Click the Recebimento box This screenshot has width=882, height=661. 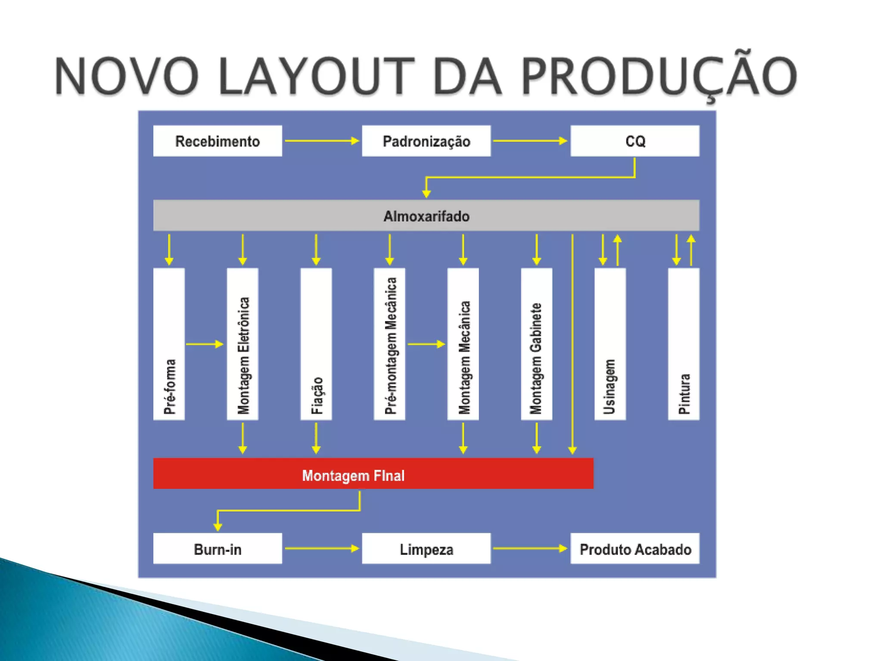(x=217, y=141)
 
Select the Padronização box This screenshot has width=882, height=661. (x=426, y=141)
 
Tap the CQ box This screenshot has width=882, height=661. (x=634, y=141)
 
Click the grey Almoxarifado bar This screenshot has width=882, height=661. (x=426, y=215)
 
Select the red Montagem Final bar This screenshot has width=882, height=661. (x=373, y=473)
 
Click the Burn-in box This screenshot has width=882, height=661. (x=217, y=548)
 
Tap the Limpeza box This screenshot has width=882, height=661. (x=426, y=548)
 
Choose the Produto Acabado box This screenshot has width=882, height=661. (x=634, y=548)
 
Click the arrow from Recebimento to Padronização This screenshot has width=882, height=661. (x=322, y=141)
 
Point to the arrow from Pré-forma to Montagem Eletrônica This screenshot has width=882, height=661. (x=205, y=344)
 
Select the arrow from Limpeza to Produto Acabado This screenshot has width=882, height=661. (x=530, y=548)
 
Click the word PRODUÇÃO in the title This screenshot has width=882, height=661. (x=659, y=77)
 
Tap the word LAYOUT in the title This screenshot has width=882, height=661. (x=316, y=77)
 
